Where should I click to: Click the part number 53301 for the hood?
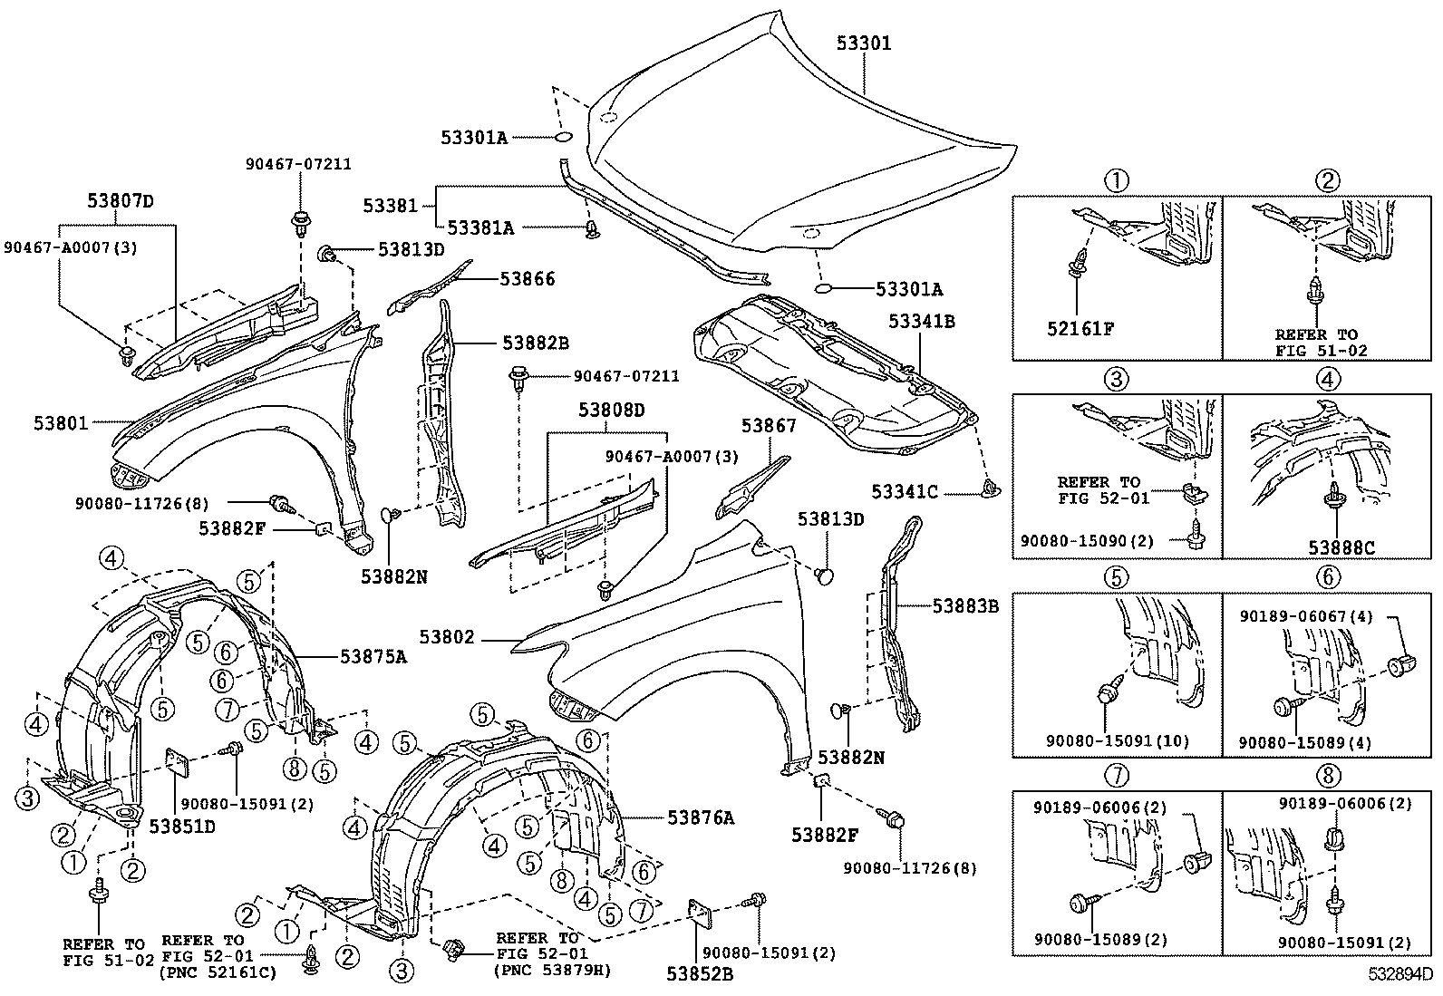[863, 43]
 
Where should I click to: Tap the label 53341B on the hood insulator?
[921, 321]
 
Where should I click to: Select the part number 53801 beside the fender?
[61, 423]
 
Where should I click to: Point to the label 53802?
[447, 638]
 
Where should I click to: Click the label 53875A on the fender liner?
[373, 657]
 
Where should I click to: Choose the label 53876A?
[701, 817]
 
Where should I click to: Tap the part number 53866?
[528, 279]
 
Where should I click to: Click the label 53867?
[769, 425]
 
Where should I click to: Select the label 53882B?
[536, 343]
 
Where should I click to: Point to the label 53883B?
[965, 606]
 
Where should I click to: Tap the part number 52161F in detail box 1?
[1081, 328]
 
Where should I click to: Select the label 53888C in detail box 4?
[1341, 547]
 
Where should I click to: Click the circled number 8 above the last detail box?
[1328, 775]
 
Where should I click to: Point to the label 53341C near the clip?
[906, 492]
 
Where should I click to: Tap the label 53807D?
[121, 201]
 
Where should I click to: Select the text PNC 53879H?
[553, 970]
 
